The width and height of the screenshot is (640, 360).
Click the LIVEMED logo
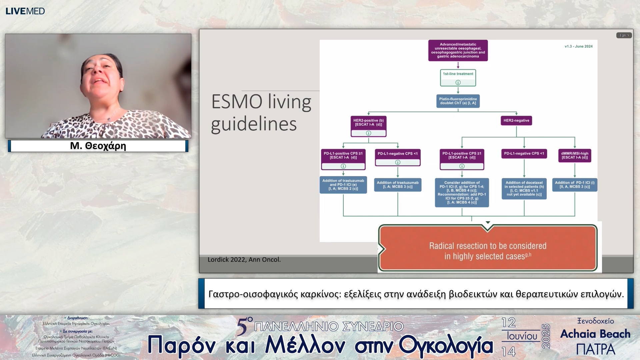(25, 11)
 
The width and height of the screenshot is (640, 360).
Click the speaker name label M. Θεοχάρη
(98, 146)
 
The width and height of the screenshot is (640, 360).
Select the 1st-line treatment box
(458, 77)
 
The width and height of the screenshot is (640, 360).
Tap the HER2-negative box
(516, 120)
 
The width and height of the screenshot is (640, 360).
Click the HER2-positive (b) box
(368, 126)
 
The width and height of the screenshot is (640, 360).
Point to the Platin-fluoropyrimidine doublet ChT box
(458, 101)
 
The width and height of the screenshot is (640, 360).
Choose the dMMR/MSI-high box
(575, 155)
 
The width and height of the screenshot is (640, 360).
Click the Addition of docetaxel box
(524, 188)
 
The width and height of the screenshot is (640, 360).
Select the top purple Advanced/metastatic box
(458, 50)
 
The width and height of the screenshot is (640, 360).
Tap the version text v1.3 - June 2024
(578, 46)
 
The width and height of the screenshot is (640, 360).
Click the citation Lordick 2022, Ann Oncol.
(244, 260)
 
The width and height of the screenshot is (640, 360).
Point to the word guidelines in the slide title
(254, 124)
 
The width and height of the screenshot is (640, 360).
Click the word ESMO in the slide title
(237, 102)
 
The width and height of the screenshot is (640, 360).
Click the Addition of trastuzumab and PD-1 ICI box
(343, 185)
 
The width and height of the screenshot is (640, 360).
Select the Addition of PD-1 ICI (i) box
(575, 185)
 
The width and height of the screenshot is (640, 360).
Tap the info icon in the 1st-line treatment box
(458, 82)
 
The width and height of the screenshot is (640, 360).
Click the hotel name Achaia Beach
(595, 334)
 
